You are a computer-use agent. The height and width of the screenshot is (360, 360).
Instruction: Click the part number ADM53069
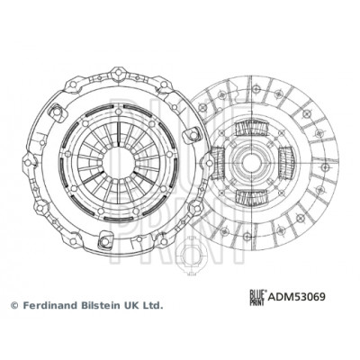(296, 297)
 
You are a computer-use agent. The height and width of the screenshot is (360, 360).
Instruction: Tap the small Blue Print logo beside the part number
(258, 297)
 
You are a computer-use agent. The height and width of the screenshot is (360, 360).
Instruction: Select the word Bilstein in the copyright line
(100, 305)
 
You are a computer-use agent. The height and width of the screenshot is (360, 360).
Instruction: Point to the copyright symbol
(14, 306)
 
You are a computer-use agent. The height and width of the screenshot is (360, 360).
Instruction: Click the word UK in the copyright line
(130, 305)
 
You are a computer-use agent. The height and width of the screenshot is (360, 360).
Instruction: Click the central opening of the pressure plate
(119, 163)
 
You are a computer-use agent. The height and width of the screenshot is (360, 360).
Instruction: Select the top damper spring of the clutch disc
(250, 129)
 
